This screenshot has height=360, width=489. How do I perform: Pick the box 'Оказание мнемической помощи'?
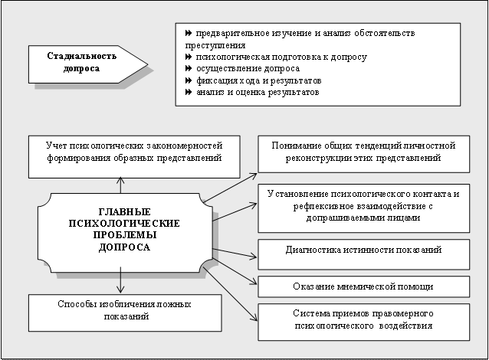[363, 286]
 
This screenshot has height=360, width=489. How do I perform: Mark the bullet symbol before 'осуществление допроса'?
[189, 69]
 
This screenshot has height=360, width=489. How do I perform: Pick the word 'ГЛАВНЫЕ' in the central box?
[123, 211]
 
